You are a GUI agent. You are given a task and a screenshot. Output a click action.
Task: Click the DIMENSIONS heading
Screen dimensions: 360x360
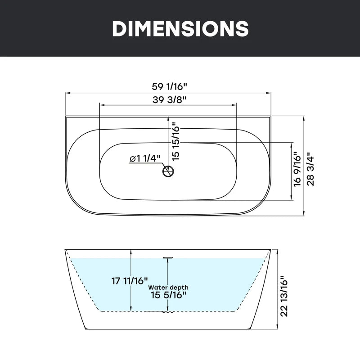[180, 28]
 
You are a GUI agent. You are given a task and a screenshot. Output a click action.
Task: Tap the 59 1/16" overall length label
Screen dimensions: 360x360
[170, 86]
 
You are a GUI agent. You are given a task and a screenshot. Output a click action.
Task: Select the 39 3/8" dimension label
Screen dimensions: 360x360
[169, 99]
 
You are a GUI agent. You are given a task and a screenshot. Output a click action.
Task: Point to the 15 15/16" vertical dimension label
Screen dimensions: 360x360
[175, 141]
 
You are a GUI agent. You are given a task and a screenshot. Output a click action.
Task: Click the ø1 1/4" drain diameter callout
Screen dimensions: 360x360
[145, 158]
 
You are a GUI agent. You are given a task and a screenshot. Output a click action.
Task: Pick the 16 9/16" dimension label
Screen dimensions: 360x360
[297, 169]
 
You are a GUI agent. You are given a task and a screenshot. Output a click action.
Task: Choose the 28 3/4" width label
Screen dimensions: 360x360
[310, 169]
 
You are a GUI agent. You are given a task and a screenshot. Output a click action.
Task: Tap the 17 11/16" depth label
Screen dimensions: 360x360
[130, 280]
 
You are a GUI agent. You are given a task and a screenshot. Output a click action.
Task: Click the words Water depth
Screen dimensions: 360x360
[168, 288]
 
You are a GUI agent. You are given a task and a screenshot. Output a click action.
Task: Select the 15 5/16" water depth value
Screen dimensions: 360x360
[168, 295]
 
